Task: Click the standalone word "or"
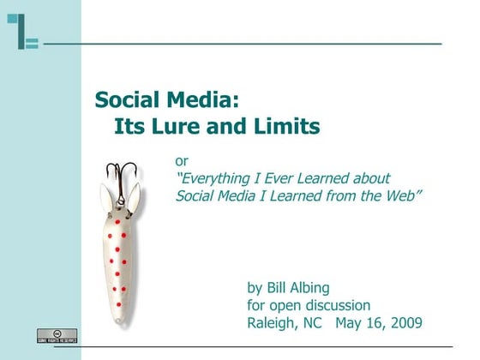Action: point(182,160)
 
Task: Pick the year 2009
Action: point(403,323)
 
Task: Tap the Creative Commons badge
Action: point(57,335)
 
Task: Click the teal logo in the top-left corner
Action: point(23,32)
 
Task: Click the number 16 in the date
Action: point(375,323)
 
